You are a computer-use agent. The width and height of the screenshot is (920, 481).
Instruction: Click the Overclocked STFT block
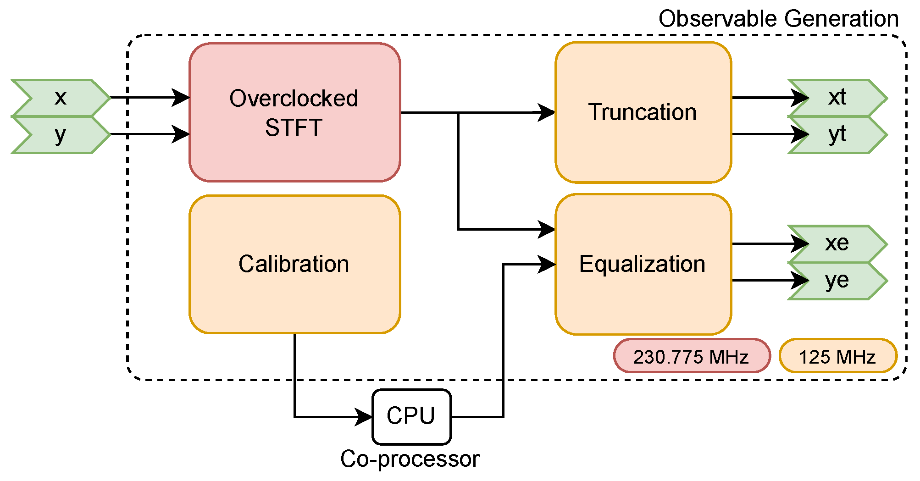(294, 112)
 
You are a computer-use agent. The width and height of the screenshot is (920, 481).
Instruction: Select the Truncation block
(643, 112)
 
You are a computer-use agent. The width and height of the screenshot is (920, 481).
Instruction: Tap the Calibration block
(294, 264)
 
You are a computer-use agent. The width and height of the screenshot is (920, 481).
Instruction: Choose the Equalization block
(643, 265)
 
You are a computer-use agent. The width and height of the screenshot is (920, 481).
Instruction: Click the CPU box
(411, 416)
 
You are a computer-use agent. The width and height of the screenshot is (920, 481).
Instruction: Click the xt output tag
(837, 98)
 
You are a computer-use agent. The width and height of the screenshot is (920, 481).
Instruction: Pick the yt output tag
(837, 134)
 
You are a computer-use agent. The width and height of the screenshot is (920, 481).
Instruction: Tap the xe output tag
(837, 243)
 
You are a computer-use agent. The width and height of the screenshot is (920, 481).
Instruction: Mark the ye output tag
(837, 281)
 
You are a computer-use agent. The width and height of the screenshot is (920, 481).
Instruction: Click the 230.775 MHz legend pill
(691, 356)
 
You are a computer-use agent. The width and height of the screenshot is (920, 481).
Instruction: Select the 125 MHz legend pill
(837, 356)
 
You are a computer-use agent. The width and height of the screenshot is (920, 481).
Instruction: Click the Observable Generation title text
(778, 19)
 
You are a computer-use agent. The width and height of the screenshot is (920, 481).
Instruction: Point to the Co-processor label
(410, 459)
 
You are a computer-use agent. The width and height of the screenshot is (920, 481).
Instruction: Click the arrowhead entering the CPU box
(364, 417)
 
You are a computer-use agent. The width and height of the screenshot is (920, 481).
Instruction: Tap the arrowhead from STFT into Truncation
(546, 112)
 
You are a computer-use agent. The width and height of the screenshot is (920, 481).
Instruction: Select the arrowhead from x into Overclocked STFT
(181, 98)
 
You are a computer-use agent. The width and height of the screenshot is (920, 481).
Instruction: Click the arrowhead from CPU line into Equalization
(547, 264)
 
